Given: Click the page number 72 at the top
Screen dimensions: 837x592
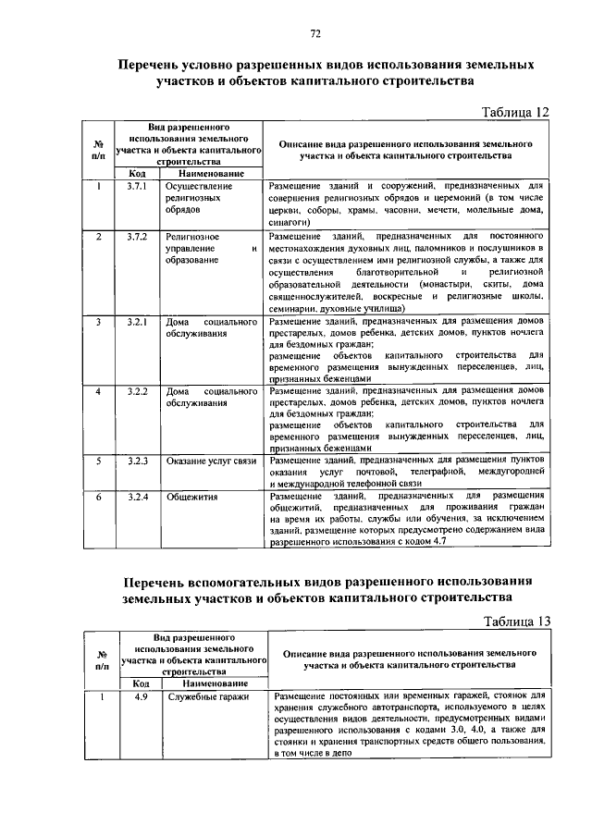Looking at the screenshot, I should pos(314,35).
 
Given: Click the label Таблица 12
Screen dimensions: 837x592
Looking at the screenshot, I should pos(516,112).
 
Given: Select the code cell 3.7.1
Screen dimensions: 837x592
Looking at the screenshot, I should pos(138,187).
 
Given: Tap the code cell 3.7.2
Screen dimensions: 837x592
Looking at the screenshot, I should pos(138,238).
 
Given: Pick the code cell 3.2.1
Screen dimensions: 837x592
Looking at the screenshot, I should pos(138,321).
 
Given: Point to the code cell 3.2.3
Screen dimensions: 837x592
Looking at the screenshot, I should pos(138,461).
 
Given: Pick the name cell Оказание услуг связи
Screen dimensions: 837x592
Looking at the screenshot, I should pos(211,461).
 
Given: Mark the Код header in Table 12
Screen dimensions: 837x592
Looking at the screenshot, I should pos(137,174).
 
